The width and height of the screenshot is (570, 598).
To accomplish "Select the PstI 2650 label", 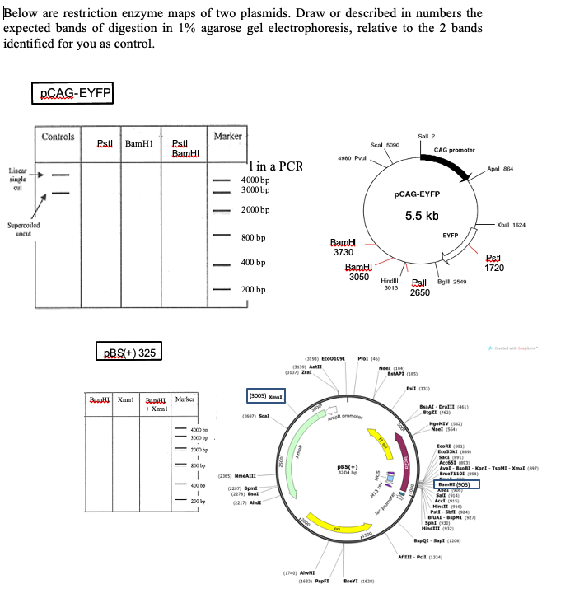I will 421,287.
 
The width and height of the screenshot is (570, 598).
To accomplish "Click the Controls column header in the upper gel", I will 58,137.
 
